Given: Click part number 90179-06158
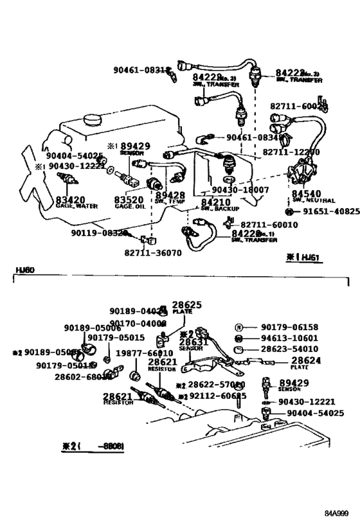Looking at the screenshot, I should click(289, 327).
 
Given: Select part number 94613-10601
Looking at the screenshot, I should click(289, 338).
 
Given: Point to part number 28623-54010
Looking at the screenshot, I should click(289, 349).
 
